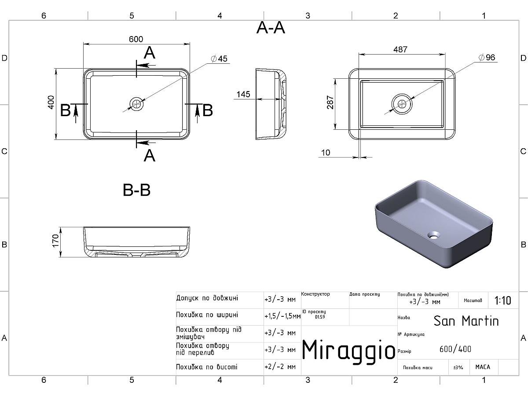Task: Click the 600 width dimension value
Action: coord(136,39)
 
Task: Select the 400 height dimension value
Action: coord(51,102)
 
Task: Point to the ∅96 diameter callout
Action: coord(486,58)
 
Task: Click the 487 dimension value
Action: coord(400,49)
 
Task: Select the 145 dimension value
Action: coord(243,94)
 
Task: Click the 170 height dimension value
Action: coord(56,241)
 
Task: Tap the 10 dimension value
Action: coord(326,153)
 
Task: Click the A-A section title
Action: coord(271,28)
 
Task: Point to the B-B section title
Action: coord(136,191)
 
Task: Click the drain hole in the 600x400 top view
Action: coord(137,104)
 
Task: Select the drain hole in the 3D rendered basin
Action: coord(434,235)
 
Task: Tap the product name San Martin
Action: coord(466,321)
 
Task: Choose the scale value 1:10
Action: coord(502,301)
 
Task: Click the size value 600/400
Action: coord(455,349)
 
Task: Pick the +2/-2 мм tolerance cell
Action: coord(280,367)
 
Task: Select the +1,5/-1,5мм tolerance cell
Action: coord(282,316)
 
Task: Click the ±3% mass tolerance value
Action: coord(458,367)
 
